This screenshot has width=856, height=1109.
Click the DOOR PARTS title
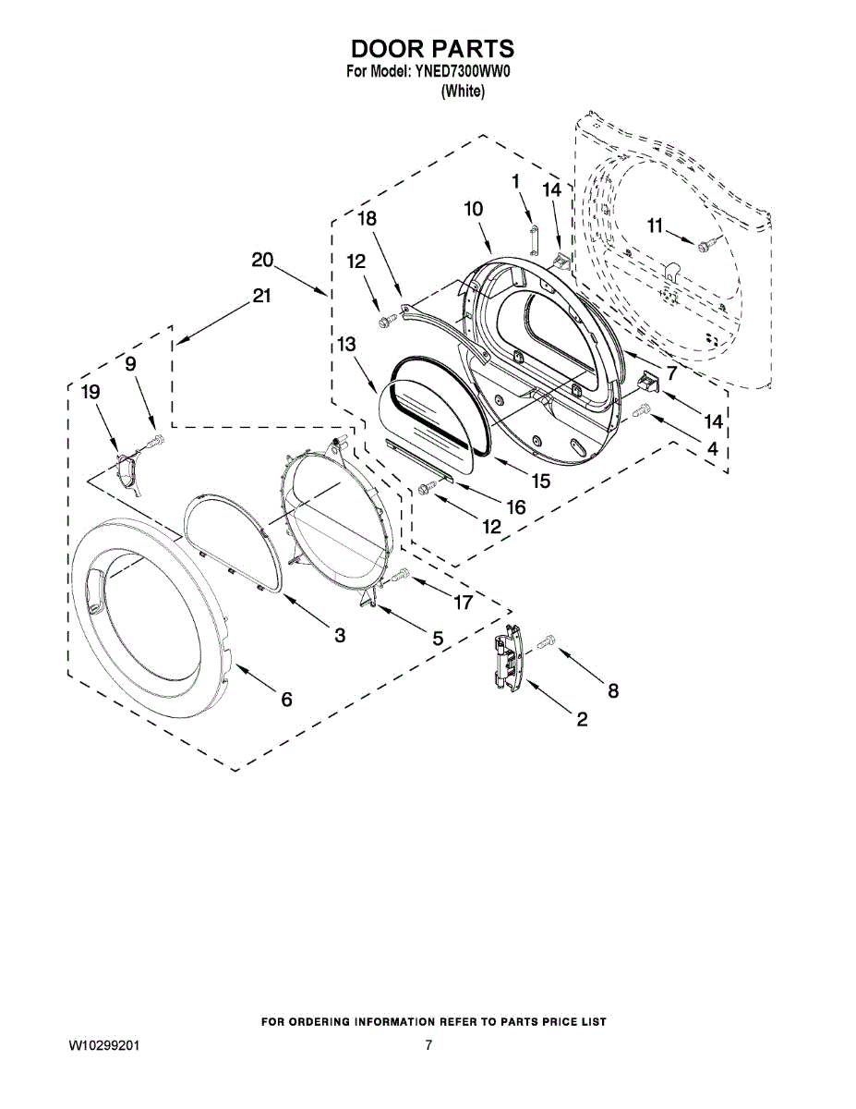click(x=430, y=48)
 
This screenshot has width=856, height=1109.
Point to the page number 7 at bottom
click(x=428, y=1046)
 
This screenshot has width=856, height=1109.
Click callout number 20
click(x=262, y=261)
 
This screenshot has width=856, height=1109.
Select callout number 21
click(x=262, y=296)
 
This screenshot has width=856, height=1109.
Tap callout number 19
click(x=90, y=393)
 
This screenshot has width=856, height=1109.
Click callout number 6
click(x=286, y=701)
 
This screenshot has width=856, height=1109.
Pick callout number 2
click(x=582, y=720)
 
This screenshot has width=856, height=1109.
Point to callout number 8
click(x=612, y=689)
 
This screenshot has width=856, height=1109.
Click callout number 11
click(x=655, y=225)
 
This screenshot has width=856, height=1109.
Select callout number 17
click(x=462, y=603)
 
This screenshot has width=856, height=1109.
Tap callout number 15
click(x=539, y=481)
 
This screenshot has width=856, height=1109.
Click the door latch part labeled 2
click(x=507, y=658)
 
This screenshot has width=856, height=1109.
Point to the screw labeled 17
click(x=400, y=577)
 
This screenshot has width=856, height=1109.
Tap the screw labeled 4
click(x=645, y=408)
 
